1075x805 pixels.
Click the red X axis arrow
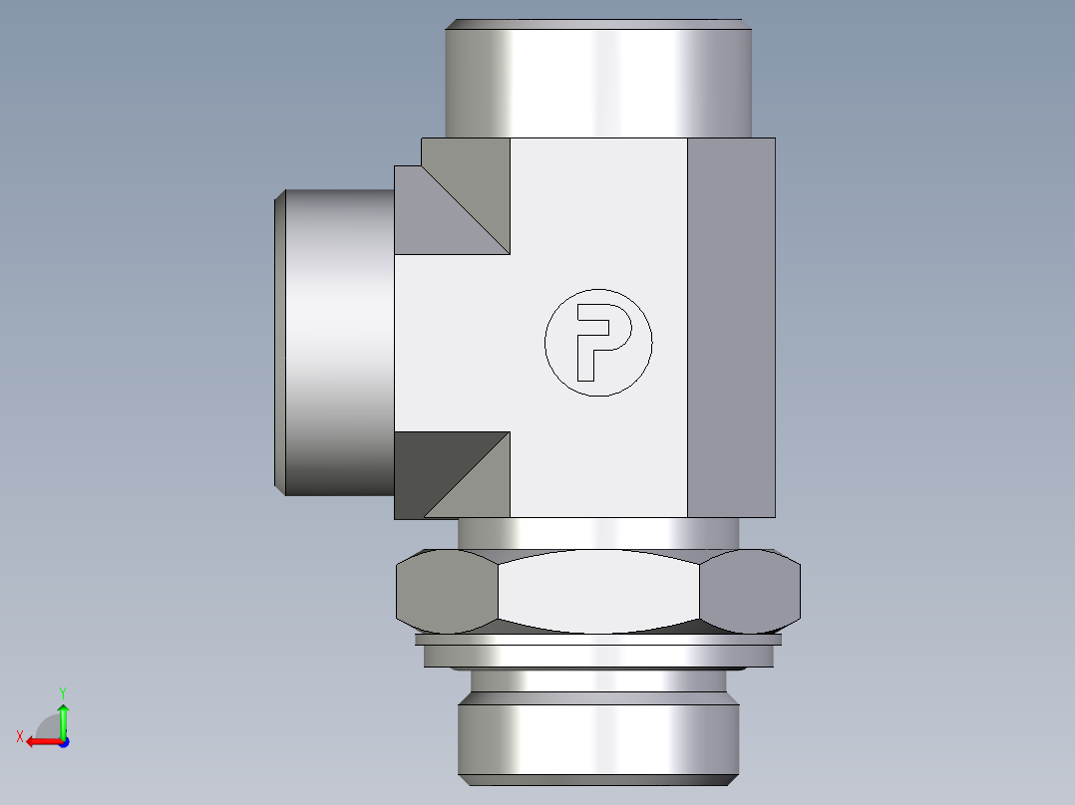click(x=40, y=741)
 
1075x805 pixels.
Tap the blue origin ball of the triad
click(x=63, y=742)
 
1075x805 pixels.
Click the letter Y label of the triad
click(x=62, y=690)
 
